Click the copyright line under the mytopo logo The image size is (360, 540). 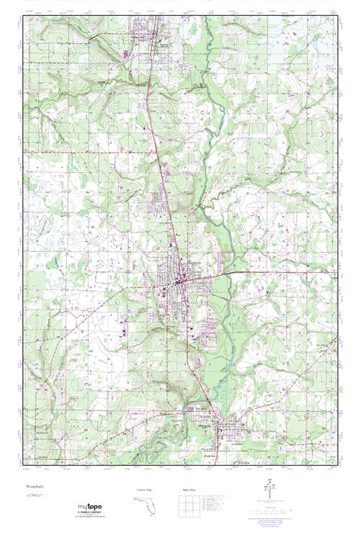pyautogui.click(x=94, y=520)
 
